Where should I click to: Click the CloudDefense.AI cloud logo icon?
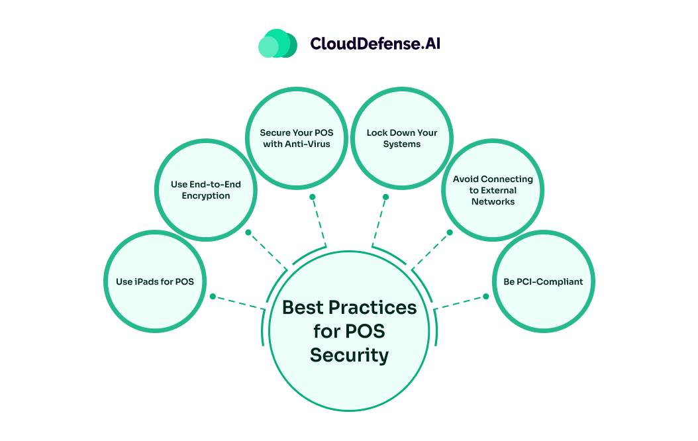coord(277,44)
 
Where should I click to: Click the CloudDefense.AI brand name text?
coord(375,44)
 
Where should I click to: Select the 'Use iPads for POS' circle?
coord(155,281)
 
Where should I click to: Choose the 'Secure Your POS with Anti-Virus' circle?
coord(297,138)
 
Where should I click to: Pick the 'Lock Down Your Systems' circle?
coord(402,138)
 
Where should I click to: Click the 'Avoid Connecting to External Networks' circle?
coord(493,190)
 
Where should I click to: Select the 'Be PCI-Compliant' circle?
coord(543,281)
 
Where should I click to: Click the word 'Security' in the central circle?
coord(349,355)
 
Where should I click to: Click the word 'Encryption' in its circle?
coord(206,196)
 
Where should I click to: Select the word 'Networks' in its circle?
coord(493,201)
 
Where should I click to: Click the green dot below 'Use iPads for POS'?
coord(213,296)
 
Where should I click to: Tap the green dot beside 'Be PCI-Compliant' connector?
coord(486,296)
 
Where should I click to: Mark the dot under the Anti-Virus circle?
coord(313,197)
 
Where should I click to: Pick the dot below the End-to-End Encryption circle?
coord(248,232)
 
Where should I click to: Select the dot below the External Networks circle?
coord(450,232)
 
